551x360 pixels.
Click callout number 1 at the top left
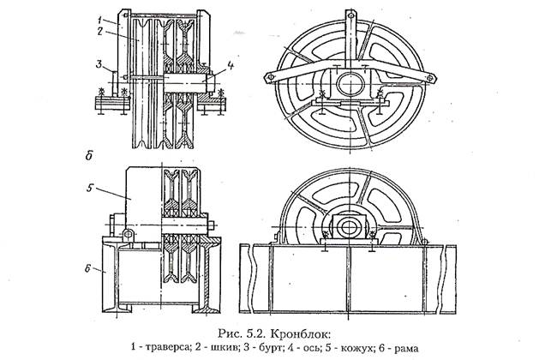(x=100, y=17)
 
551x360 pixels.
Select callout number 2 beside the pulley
(x=100, y=31)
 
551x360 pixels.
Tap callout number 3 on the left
(x=99, y=63)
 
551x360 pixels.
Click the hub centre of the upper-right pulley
(x=348, y=85)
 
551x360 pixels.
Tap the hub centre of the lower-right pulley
(x=347, y=230)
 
